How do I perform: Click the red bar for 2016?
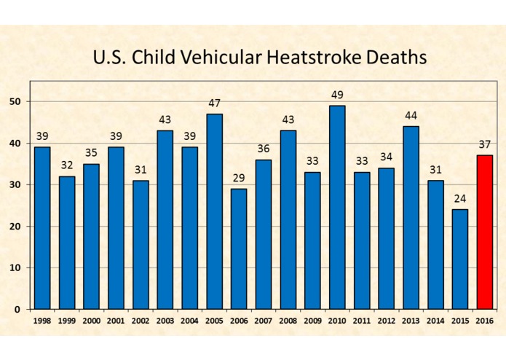(485, 232)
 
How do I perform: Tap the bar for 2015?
(459, 259)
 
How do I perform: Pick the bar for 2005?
(214, 211)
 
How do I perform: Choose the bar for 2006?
(239, 249)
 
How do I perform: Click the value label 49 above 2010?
(337, 95)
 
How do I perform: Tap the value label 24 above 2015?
(460, 199)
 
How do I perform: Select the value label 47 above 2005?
(214, 103)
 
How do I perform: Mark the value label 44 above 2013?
(411, 116)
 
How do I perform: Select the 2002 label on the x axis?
(141, 321)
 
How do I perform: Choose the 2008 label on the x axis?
(288, 321)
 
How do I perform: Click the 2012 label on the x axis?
(386, 321)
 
